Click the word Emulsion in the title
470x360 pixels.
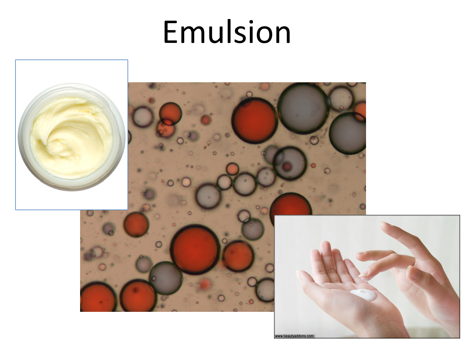tap(227, 32)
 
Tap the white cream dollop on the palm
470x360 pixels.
tap(363, 295)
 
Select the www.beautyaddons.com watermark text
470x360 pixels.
tap(294, 336)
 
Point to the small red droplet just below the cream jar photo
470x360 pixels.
tap(136, 225)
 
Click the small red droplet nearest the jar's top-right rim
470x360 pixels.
tap(171, 113)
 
